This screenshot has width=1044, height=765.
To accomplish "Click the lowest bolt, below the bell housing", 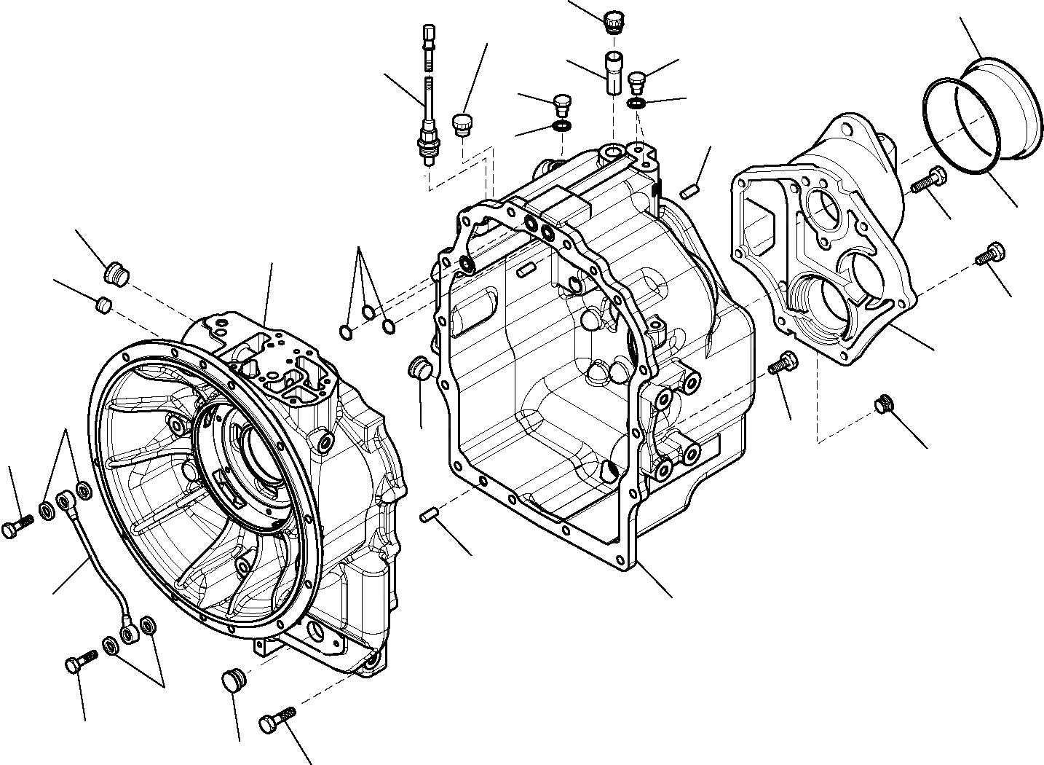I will coord(277,720).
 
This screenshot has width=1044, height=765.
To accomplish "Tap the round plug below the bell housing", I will coord(234,678).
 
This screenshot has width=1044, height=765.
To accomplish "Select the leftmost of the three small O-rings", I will coord(347,332).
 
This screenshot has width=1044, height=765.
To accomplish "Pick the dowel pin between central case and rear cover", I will coord(691,191).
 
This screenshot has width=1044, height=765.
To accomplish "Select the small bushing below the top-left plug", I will coord(104,304).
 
